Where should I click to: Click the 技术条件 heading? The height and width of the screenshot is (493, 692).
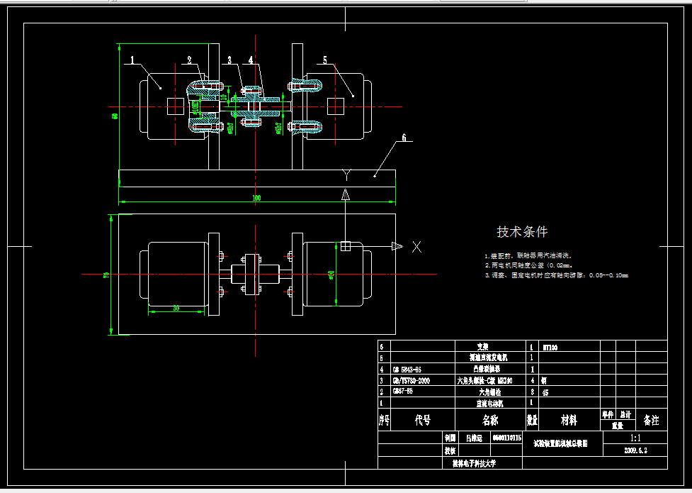tap(522, 232)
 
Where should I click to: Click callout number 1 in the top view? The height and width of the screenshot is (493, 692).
tap(132, 61)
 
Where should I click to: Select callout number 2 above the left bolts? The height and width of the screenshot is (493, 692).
tap(189, 60)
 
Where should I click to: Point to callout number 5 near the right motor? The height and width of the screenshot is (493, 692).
tap(325, 61)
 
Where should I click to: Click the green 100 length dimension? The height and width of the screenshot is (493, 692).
tap(256, 198)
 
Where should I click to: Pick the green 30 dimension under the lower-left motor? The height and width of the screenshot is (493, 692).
tap(175, 308)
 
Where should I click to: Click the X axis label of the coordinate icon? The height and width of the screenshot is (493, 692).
tap(417, 247)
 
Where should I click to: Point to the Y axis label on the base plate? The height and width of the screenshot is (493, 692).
tap(346, 173)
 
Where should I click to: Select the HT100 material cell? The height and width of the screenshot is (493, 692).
tap(550, 348)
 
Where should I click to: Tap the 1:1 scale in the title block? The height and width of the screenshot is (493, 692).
tap(635, 439)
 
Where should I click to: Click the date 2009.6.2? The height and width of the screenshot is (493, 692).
tap(635, 450)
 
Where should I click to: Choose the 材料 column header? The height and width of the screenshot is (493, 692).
tap(569, 421)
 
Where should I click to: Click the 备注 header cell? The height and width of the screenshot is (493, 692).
tap(651, 421)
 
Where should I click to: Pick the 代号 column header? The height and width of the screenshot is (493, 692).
tap(422, 421)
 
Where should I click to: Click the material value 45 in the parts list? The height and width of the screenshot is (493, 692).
tap(546, 391)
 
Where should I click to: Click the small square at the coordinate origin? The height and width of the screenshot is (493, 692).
tap(346, 246)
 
